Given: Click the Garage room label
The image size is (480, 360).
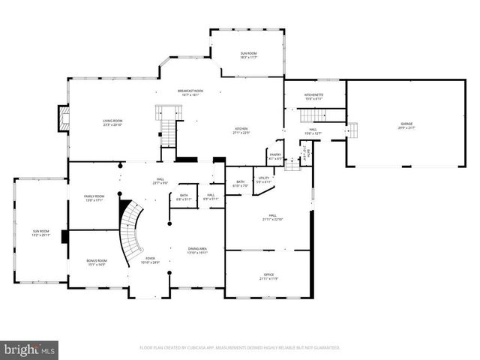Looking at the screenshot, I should (406, 125).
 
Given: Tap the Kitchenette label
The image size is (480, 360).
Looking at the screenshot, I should (313, 97).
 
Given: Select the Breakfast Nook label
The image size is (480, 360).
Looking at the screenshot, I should (190, 92).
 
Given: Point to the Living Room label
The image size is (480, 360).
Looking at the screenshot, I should (112, 122).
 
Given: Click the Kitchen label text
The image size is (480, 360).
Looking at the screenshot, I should (241, 130).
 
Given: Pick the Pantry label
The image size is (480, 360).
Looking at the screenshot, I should (275, 157).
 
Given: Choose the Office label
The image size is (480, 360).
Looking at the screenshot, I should (269, 277).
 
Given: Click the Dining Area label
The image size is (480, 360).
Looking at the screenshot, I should (198, 250).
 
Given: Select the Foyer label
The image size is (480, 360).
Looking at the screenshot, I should (151, 259).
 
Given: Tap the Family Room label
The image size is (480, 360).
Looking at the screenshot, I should (94, 198).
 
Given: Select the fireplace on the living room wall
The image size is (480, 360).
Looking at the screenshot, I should (64, 118).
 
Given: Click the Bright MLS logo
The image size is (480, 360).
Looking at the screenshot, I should (30, 349).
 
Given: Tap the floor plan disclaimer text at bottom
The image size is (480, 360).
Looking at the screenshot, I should (240, 348).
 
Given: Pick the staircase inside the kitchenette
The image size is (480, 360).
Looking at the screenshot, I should (315, 115).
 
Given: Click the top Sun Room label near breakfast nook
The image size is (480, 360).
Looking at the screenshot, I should (247, 55).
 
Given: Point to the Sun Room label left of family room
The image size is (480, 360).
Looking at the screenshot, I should (40, 232).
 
